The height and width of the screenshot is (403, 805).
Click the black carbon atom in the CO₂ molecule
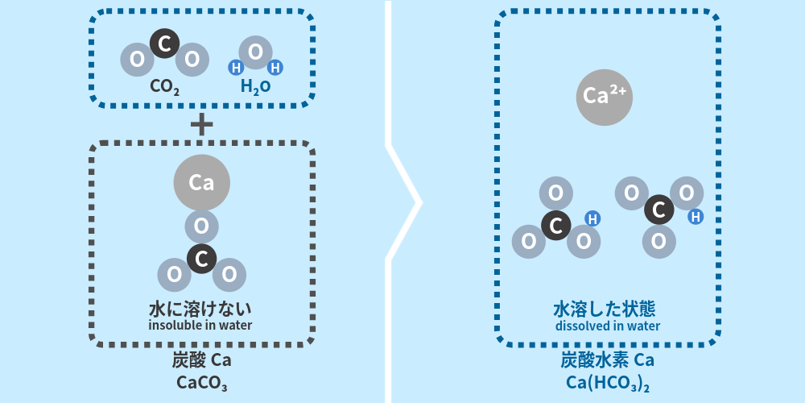[x=164, y=43]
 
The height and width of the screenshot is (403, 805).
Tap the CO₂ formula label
[x=164, y=85]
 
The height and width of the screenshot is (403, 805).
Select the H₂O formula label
[x=255, y=85]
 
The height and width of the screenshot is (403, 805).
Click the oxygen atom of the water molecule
[x=255, y=52]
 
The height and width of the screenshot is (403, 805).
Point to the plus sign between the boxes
[x=201, y=124]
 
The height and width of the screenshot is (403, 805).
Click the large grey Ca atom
[x=201, y=183]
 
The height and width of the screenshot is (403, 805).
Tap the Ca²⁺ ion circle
[x=605, y=97]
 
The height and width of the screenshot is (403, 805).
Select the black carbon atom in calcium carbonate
[x=201, y=259]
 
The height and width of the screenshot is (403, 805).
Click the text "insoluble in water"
[x=200, y=326]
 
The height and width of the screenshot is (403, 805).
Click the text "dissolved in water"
[x=608, y=326]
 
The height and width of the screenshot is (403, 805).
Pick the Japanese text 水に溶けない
[x=200, y=309]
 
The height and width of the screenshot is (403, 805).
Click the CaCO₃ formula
[x=201, y=382]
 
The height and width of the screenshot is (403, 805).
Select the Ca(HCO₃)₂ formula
[x=608, y=383]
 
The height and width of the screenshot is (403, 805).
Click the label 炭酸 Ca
[x=201, y=359]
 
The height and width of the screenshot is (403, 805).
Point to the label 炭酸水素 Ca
[x=608, y=359]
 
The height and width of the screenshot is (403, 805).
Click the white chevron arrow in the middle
[x=407, y=201]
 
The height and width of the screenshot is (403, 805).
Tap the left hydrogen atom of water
[x=237, y=68]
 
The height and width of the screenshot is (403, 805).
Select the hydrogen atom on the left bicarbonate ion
[x=592, y=218]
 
